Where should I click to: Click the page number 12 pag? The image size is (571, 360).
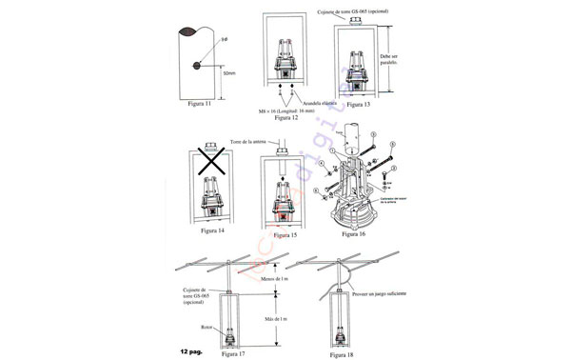(x=188, y=351)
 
